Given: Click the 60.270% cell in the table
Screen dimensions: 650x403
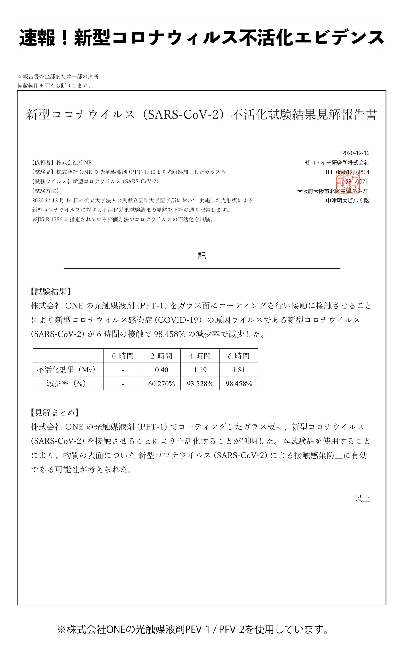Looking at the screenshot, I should pos(161,384).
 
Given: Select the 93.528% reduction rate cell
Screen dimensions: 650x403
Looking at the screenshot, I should pos(200,384).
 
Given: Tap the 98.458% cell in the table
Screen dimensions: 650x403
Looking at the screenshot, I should pos(239,384).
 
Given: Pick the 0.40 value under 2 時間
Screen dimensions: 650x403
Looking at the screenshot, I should pos(161,370).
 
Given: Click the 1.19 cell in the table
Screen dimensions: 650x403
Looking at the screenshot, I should pos(200,370).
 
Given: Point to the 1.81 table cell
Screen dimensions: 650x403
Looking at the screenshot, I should pos(239,370).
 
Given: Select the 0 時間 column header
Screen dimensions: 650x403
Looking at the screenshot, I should pos(123,356).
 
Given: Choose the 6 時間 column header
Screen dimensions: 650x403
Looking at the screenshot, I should pos(239,356).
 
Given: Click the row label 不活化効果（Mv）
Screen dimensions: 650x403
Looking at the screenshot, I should pos(68,370).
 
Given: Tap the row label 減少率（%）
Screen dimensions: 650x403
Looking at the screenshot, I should pos(68,384).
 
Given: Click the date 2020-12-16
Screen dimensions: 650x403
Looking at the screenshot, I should pos(356,153).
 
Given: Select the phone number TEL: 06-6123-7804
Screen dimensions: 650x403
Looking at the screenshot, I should pos(347,172).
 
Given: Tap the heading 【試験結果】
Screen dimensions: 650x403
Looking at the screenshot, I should pos(51,292).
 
